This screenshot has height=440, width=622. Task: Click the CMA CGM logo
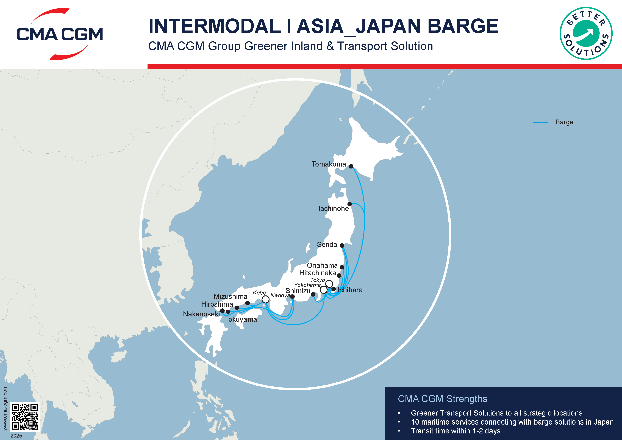pos(60,34)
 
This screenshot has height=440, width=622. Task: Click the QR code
pos(25,416)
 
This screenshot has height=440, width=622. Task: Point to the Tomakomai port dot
pos(351,166)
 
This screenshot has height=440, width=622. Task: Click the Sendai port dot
pos(342,245)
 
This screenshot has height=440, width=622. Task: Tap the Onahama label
pos(322,265)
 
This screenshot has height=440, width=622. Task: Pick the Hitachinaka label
pos(318,273)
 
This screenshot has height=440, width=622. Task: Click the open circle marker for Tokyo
pos(329,284)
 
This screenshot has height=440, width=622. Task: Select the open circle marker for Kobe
pos(265,299)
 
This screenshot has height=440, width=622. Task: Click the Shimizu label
pos(298,291)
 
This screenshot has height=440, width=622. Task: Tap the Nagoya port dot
pos(292,296)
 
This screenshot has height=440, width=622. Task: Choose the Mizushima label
pos(230,296)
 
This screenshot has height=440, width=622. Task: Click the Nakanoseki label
pos(201,314)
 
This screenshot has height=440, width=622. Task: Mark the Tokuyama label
pos(241,319)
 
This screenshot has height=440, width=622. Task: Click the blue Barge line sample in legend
pos(540,123)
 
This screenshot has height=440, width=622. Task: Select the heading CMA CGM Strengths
pos(442,399)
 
